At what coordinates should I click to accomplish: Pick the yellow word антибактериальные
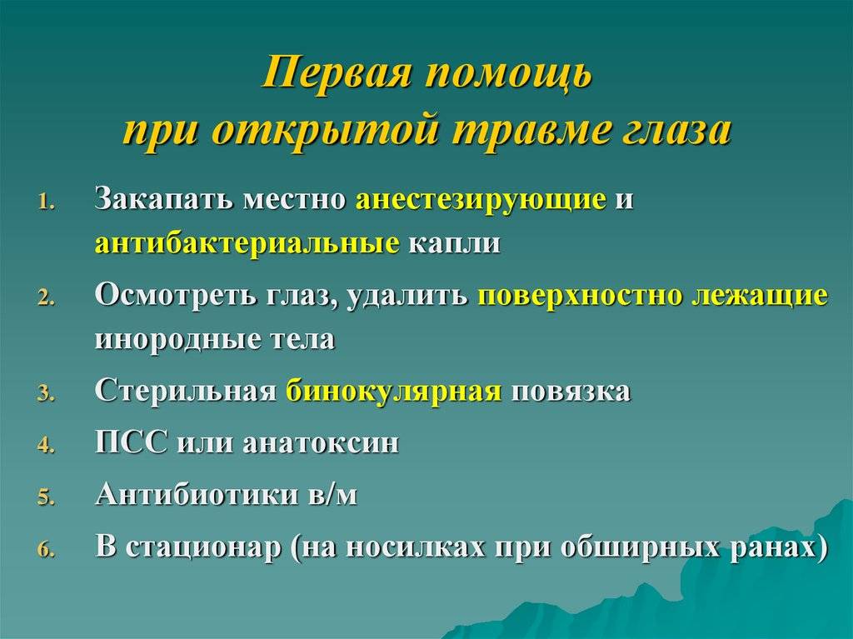click(x=247, y=242)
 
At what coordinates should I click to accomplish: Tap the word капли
click(x=454, y=244)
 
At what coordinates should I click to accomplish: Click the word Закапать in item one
click(x=165, y=198)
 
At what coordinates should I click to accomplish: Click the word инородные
click(x=177, y=339)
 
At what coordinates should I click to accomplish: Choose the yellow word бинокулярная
click(x=393, y=392)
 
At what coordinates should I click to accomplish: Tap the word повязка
click(x=571, y=392)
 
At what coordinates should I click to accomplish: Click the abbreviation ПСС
click(x=131, y=442)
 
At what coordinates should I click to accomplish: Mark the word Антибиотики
click(x=197, y=495)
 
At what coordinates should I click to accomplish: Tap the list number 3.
click(x=46, y=393)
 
